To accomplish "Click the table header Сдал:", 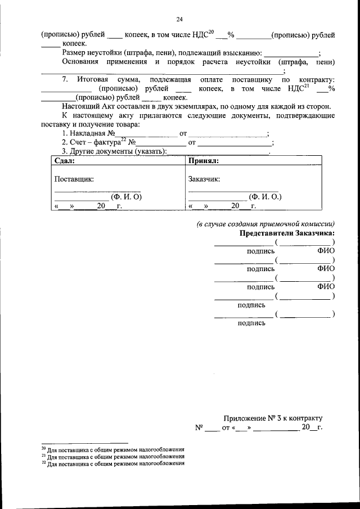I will coord(65,160).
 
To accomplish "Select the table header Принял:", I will coord(204,160).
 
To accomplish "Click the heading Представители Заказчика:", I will coord(287,233).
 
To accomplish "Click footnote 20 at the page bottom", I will coord(113,450).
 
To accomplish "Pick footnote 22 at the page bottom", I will coord(113,464).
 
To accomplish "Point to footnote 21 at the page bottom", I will coord(113,457).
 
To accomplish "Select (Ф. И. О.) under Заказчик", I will coord(265,197).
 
